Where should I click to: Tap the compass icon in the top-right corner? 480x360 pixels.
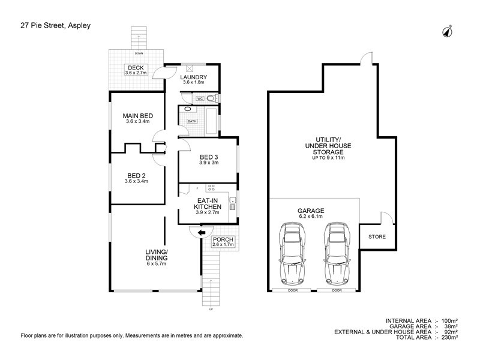pyautogui.click(x=448, y=31)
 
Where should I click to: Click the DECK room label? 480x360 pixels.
pyautogui.click(x=136, y=67)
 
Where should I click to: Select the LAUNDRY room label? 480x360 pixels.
pyautogui.click(x=194, y=77)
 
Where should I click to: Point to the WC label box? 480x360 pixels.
pyautogui.click(x=200, y=98)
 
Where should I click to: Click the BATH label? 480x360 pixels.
pyautogui.click(x=192, y=121)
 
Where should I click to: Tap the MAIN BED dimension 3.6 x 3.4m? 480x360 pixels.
pyautogui.click(x=137, y=122)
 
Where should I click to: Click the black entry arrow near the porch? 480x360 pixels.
pyautogui.click(x=202, y=230)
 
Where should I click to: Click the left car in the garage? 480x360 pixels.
pyautogui.click(x=292, y=254)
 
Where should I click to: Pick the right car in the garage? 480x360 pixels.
pyautogui.click(x=337, y=254)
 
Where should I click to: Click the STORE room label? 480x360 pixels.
pyautogui.click(x=377, y=237)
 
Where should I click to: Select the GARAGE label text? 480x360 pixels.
pyautogui.click(x=311, y=211)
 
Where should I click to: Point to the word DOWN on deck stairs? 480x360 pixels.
pyautogui.click(x=139, y=53)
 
